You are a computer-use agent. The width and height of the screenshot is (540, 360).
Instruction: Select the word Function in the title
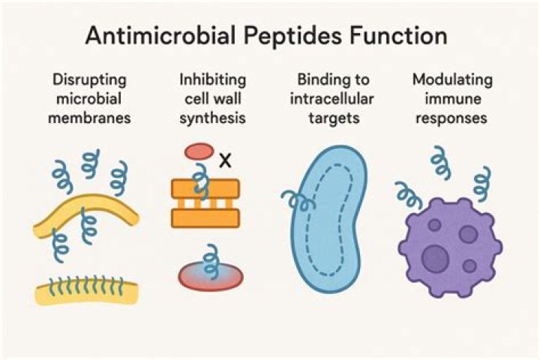point(399,35)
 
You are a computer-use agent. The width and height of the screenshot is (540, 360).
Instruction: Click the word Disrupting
point(89,80)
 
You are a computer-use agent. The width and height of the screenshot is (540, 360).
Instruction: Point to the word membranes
point(89,118)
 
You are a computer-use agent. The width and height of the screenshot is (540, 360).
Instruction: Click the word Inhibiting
point(212,80)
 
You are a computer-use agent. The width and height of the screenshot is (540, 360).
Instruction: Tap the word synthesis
point(212,118)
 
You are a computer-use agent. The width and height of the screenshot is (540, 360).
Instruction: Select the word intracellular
point(331,99)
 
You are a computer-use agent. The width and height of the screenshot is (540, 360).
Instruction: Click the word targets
point(334,118)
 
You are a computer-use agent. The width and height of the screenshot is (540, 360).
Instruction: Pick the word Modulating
point(452,80)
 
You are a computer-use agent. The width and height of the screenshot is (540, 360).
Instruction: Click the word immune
point(452,99)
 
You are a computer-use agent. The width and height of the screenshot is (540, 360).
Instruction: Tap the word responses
point(451,118)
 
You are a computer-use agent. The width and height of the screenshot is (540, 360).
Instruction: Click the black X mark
point(225,161)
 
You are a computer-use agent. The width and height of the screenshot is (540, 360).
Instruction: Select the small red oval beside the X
point(199,152)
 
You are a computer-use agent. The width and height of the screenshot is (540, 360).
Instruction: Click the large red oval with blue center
point(211,277)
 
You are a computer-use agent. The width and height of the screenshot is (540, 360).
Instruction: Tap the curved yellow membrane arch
point(86,211)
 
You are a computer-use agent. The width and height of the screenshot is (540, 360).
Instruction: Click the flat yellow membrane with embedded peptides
point(87,293)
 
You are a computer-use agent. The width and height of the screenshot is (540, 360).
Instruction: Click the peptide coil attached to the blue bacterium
point(298,201)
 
